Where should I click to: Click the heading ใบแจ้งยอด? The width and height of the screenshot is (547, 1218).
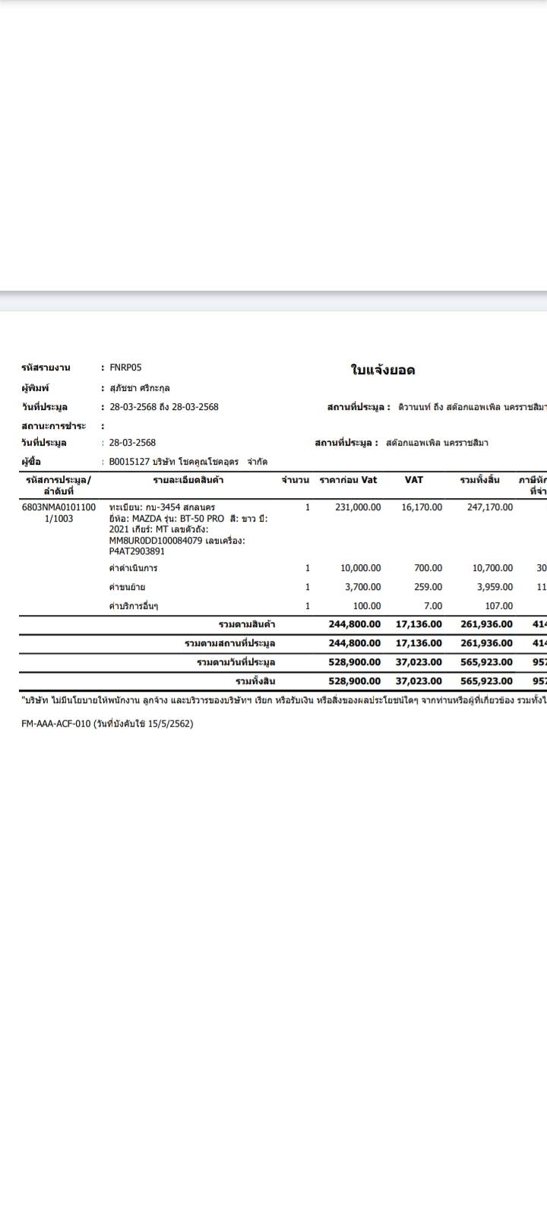[382, 371]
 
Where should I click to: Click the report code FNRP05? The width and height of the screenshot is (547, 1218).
[125, 368]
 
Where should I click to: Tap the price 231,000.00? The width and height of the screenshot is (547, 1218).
[358, 507]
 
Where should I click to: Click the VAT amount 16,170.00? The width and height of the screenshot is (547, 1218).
[422, 507]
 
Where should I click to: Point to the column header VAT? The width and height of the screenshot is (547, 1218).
[414, 480]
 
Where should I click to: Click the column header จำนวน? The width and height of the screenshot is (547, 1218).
[295, 481]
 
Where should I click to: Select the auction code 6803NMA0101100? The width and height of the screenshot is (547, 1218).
[59, 507]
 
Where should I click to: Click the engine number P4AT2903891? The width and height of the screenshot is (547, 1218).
[137, 552]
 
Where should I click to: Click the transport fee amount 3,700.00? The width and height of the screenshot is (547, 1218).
[362, 587]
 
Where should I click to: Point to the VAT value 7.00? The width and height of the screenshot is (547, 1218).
[432, 606]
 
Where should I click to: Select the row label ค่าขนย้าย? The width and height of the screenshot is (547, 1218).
[127, 587]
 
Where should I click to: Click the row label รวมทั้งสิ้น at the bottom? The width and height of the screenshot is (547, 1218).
[255, 681]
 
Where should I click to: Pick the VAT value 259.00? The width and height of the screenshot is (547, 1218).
[428, 587]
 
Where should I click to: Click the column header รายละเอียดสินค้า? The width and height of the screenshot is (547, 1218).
[188, 481]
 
